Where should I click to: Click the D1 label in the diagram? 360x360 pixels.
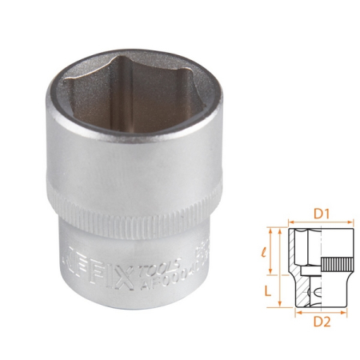(322, 214)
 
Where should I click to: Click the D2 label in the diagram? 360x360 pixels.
(322, 322)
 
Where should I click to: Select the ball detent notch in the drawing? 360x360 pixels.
(315, 291)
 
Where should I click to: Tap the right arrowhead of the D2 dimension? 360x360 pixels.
(345, 312)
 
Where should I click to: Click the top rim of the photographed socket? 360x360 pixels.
(134, 61)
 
